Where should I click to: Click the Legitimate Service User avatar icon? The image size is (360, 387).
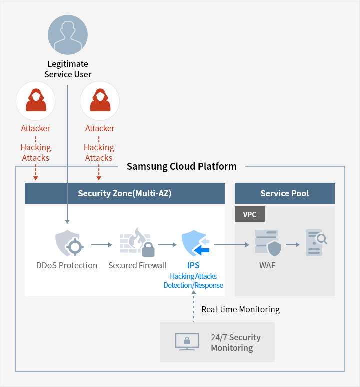[68, 34]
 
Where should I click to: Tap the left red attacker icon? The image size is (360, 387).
[36, 100]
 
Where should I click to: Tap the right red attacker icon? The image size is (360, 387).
[100, 100]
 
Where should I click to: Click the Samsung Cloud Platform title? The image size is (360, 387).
[181, 166]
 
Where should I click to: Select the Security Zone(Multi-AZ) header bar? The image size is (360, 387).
[125, 193]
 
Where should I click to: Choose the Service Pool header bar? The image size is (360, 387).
[285, 193]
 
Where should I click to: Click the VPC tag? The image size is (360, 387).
[249, 214]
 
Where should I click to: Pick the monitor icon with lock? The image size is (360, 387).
[187, 341]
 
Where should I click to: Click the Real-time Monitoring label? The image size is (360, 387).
[240, 309]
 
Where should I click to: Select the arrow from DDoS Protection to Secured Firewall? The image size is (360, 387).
[102, 245]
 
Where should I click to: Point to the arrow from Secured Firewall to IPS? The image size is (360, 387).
[167, 245]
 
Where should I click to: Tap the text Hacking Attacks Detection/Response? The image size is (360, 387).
[193, 280]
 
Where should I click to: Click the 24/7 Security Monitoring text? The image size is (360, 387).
[235, 342]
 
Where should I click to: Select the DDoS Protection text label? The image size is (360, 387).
[67, 265]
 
